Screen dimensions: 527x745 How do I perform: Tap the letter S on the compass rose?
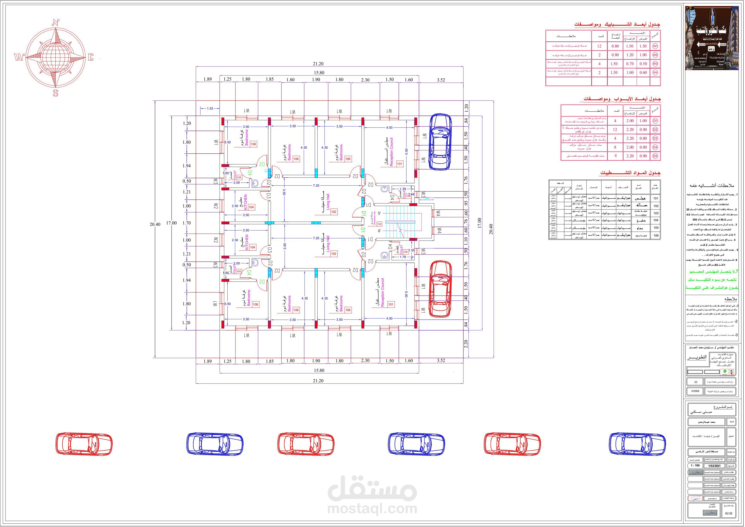point(55,93)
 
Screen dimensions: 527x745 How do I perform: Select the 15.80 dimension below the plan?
point(319,370)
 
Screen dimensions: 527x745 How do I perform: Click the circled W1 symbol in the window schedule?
point(655,46)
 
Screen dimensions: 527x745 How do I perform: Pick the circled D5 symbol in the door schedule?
point(655,156)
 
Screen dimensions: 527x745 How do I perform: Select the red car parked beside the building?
point(440,289)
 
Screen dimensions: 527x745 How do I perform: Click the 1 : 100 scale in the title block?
point(695,466)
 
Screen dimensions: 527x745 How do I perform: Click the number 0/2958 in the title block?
point(695,391)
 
